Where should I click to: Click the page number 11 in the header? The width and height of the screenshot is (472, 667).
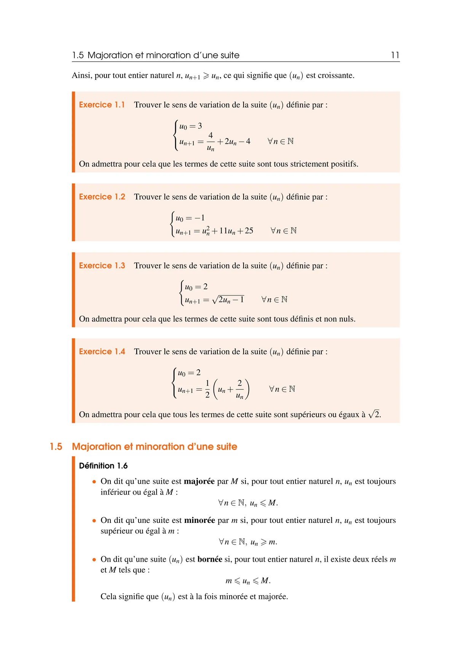[x=395, y=55]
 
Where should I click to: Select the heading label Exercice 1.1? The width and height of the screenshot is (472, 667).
[x=102, y=105]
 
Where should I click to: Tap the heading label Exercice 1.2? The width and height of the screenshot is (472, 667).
[x=102, y=197]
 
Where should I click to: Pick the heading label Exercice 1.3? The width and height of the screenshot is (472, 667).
[x=102, y=265]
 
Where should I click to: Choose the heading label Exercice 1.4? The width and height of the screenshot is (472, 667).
[x=102, y=351]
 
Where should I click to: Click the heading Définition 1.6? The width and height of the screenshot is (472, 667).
[x=103, y=465]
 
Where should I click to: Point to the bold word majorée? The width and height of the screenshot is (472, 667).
[x=199, y=481]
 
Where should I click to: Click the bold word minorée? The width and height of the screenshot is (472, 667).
[x=199, y=520]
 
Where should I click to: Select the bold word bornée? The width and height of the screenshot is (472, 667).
[x=210, y=559]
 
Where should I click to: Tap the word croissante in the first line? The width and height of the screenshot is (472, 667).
[x=335, y=75]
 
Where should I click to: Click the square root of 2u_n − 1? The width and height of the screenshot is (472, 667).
[x=228, y=300]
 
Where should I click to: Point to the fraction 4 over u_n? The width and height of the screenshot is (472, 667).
[x=210, y=141]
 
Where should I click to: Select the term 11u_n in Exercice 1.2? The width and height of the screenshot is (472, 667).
[x=227, y=231]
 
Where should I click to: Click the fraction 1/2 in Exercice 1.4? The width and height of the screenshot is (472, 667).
[x=207, y=389]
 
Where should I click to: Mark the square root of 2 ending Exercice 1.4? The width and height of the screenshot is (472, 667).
[x=374, y=414]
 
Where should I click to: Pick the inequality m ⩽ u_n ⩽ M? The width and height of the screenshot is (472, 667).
[x=248, y=581]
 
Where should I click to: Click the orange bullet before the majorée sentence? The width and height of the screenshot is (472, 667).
[x=94, y=482]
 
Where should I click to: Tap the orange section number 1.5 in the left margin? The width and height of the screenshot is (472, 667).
[x=56, y=446]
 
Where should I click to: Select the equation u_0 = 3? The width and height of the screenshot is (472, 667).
[x=191, y=126]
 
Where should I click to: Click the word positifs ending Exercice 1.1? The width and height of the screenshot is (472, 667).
[x=344, y=164]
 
